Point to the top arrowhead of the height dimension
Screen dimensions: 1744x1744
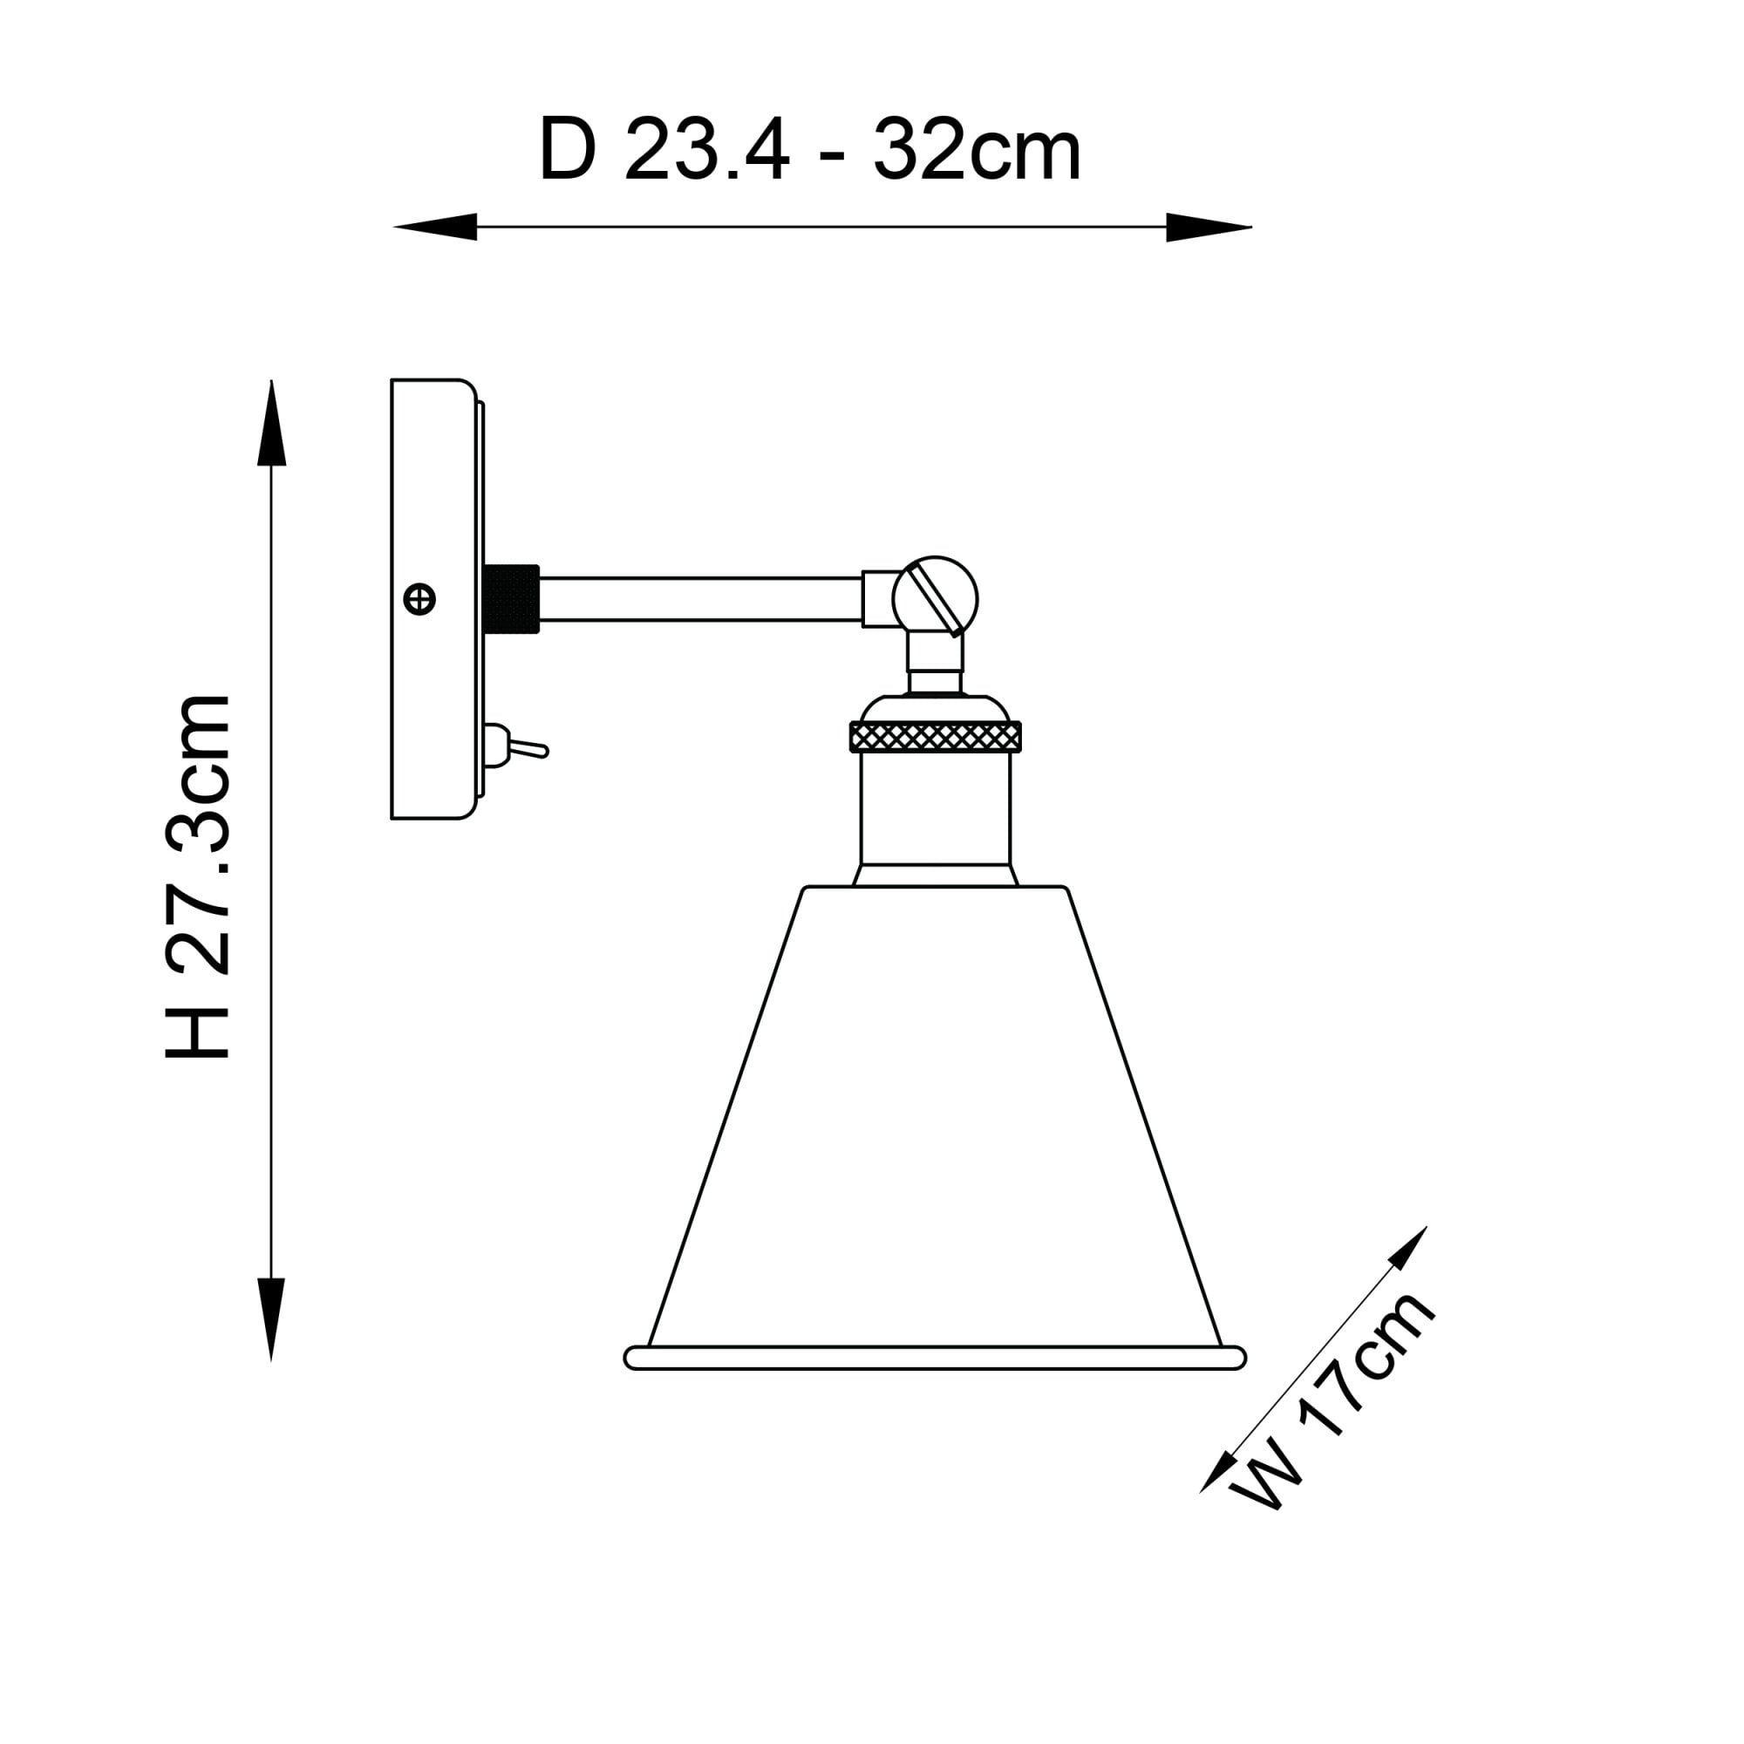[x=272, y=425]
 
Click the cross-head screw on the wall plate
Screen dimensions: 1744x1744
[x=419, y=598]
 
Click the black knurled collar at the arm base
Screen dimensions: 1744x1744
[x=511, y=598]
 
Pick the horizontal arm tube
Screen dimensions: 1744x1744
[x=699, y=598]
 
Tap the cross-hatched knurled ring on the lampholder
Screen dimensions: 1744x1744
[x=935, y=737]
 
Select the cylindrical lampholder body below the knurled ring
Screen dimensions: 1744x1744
[x=935, y=808]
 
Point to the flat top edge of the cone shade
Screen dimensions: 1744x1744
[x=935, y=889]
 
